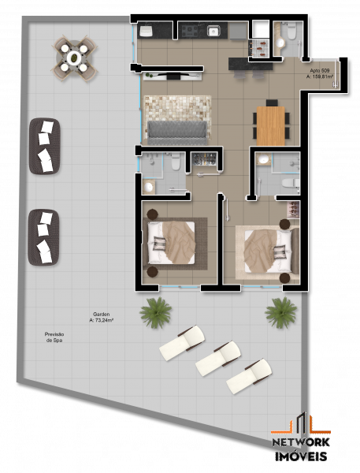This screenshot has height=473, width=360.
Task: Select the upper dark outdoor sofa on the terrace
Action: (x=45, y=146)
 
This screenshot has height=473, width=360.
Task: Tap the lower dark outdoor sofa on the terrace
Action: (x=44, y=236)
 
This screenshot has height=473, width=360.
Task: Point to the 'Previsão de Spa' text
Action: (x=54, y=337)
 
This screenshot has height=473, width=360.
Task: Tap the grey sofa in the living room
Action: (x=176, y=130)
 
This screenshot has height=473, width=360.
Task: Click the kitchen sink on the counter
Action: (x=213, y=31)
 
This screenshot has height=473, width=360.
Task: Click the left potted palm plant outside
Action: (x=155, y=312)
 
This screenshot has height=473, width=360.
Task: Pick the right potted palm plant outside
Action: (x=281, y=311)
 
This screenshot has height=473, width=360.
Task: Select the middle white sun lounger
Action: (x=217, y=358)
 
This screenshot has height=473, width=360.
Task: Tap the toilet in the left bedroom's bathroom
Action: (x=177, y=162)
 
